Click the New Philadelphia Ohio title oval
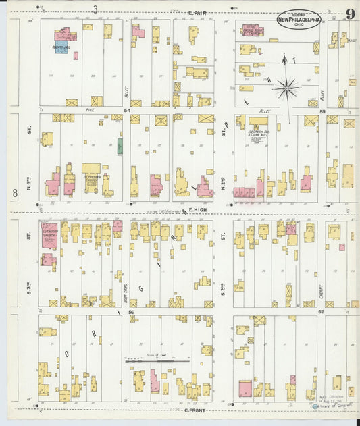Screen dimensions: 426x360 click(299, 18)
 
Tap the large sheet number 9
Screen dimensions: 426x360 click(351, 14)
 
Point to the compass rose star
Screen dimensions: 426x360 click(287, 87)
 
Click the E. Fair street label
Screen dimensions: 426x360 click(197, 13)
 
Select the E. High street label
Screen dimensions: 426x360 click(197, 210)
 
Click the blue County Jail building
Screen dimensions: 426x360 click(61, 47)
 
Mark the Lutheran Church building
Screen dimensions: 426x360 click(49, 235)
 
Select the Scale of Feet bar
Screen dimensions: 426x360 click(157, 361)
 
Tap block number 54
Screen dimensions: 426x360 click(126, 109)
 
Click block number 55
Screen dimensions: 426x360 click(322, 110)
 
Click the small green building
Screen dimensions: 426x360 click(120, 146)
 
